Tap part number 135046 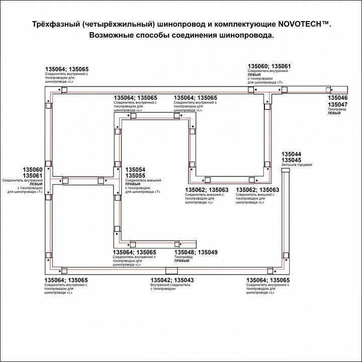point(337,98)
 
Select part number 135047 point(337,104)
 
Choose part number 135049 point(207,252)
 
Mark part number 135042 point(161,280)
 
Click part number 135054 point(135,170)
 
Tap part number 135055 point(135,176)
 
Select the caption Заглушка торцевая point(296,165)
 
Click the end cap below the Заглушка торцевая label point(285,171)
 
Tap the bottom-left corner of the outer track point(49,270)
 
